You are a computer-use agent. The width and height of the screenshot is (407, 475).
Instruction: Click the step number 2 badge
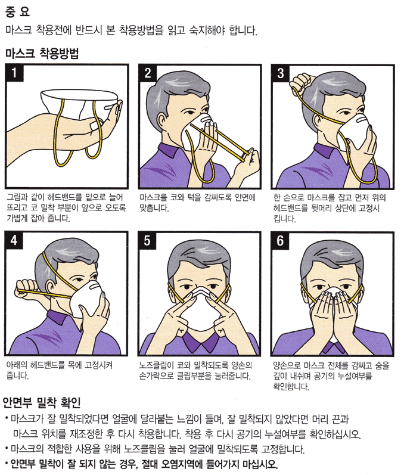coord(147,74)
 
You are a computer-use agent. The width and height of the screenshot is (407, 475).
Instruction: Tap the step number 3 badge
coord(281,74)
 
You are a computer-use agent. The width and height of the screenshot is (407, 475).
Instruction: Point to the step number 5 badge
coord(147,241)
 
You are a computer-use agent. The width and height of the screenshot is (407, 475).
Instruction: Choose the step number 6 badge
coord(281,241)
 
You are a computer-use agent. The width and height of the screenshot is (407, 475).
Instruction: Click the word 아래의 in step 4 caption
coord(17,365)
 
